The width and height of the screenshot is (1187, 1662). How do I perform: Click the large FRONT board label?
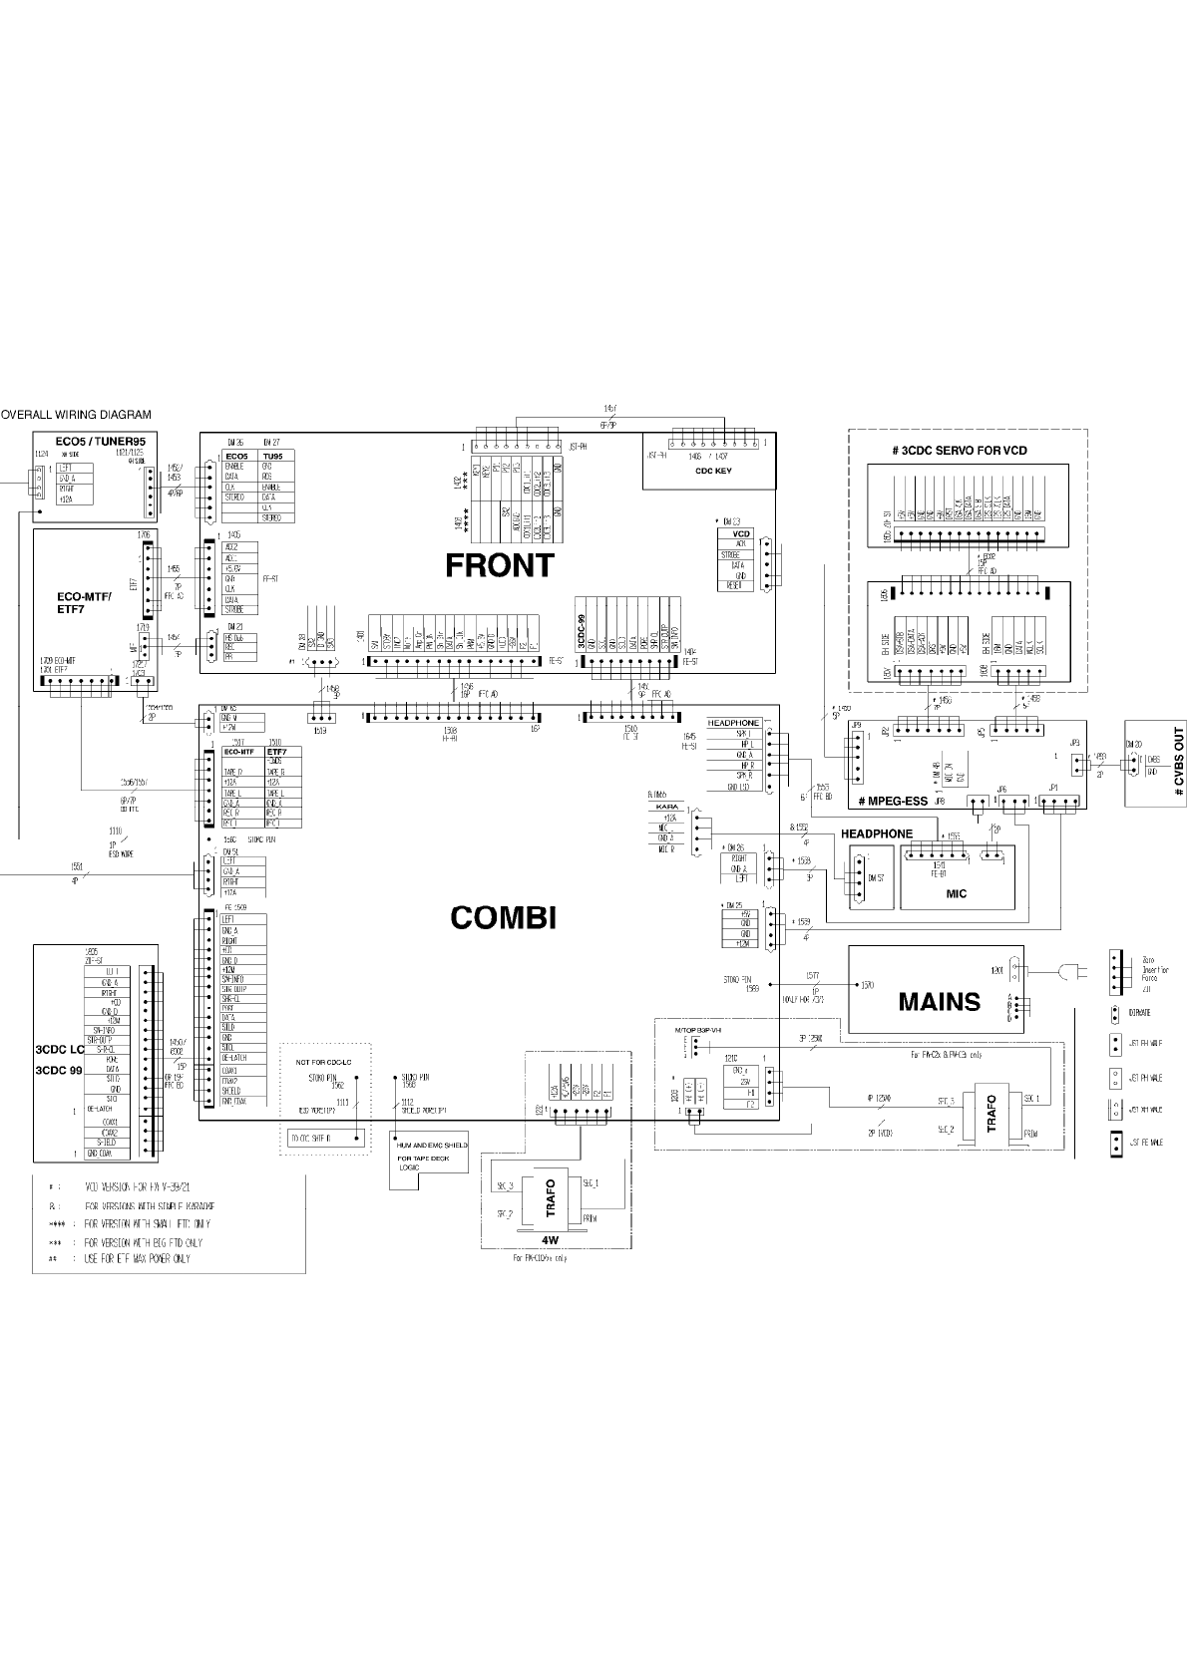click(499, 565)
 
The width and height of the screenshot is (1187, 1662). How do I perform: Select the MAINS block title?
click(939, 1001)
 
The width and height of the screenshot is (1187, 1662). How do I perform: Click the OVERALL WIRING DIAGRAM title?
click(77, 415)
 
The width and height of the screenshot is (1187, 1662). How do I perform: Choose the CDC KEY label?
click(714, 471)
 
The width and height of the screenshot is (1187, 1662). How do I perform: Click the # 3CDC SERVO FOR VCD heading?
click(959, 451)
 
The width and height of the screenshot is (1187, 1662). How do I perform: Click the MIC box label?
click(956, 893)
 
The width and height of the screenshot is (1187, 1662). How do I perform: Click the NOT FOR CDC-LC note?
click(324, 1062)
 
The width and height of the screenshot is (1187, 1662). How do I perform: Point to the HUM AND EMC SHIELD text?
click(432, 1145)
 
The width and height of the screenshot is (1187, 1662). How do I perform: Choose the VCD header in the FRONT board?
click(741, 534)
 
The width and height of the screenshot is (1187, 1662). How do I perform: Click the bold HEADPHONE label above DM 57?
click(876, 833)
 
